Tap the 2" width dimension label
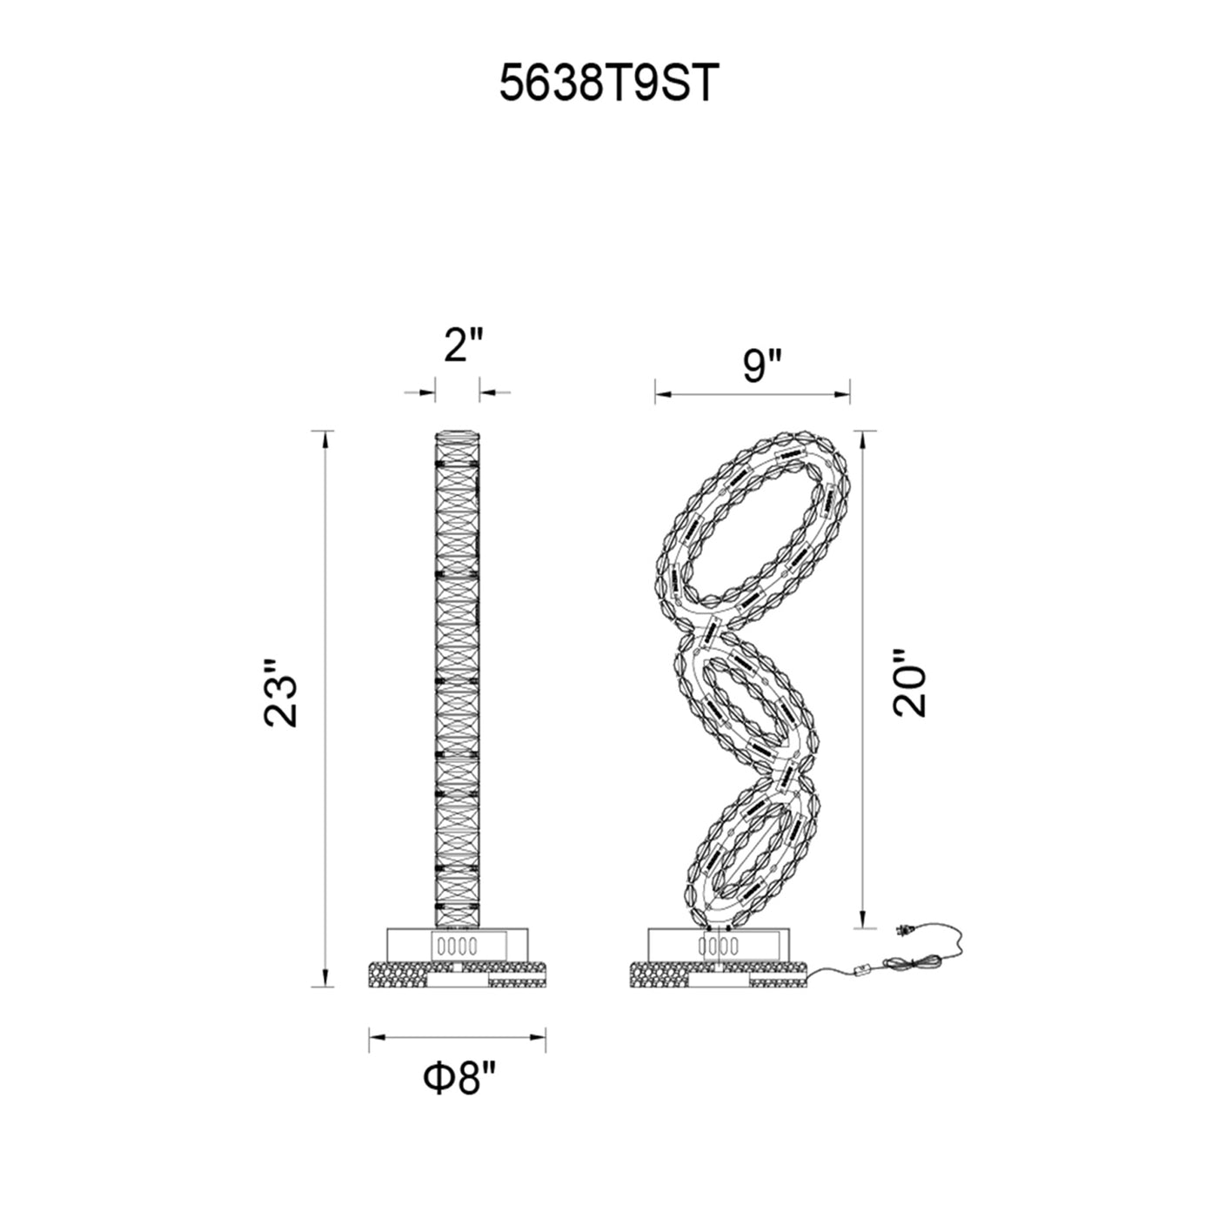464,345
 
